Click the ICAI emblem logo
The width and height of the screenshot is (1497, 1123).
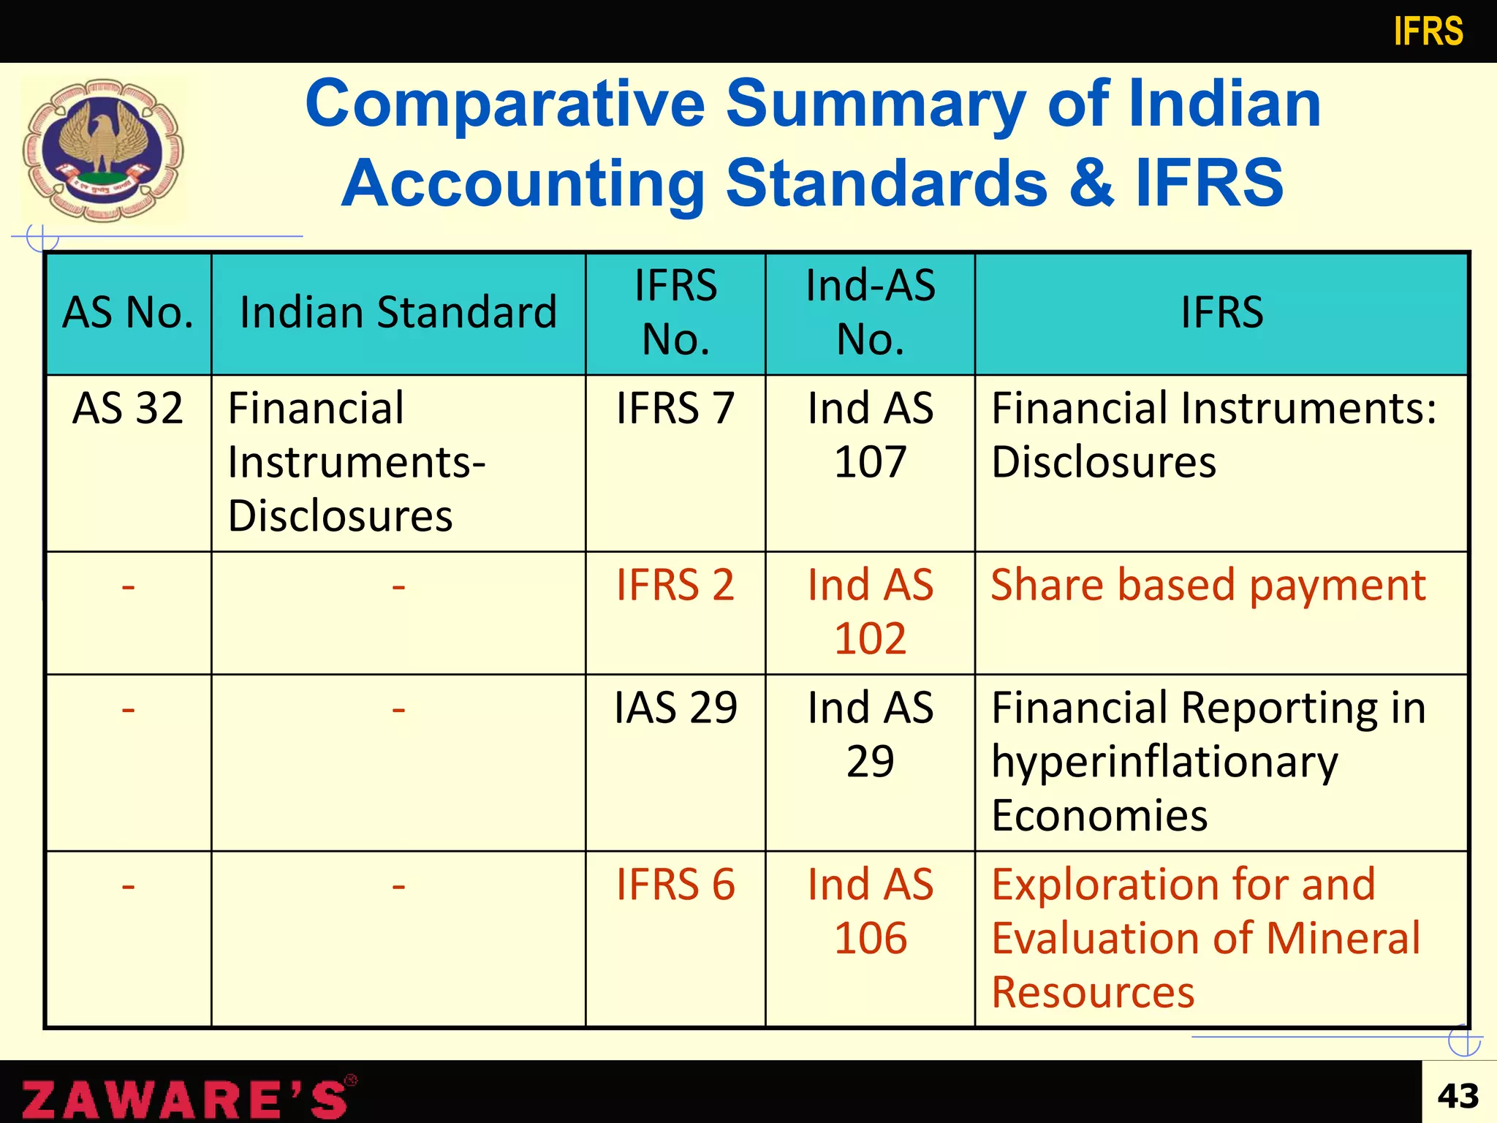point(103,150)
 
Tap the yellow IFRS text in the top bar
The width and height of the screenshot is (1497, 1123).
point(1428,32)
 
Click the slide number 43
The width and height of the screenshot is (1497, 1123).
point(1458,1096)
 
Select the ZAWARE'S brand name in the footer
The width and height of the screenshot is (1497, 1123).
point(186,1098)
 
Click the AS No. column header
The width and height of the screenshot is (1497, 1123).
point(128,313)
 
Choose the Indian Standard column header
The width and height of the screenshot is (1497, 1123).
point(398,313)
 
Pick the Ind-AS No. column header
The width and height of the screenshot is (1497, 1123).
point(870,313)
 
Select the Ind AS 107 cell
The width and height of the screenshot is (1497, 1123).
point(870,435)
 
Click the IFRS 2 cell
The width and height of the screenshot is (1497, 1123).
point(675,585)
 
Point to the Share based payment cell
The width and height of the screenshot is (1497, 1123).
point(1208,585)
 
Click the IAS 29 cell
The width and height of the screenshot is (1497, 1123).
point(675,708)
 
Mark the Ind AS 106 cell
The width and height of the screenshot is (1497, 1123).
point(870,911)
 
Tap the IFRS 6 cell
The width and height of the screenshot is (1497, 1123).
point(675,885)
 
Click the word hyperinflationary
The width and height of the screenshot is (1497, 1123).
point(1164,762)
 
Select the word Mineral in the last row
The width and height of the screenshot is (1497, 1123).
point(1343,938)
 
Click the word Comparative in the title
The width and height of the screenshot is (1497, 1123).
point(505,104)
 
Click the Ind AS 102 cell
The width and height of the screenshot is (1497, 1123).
point(870,611)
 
